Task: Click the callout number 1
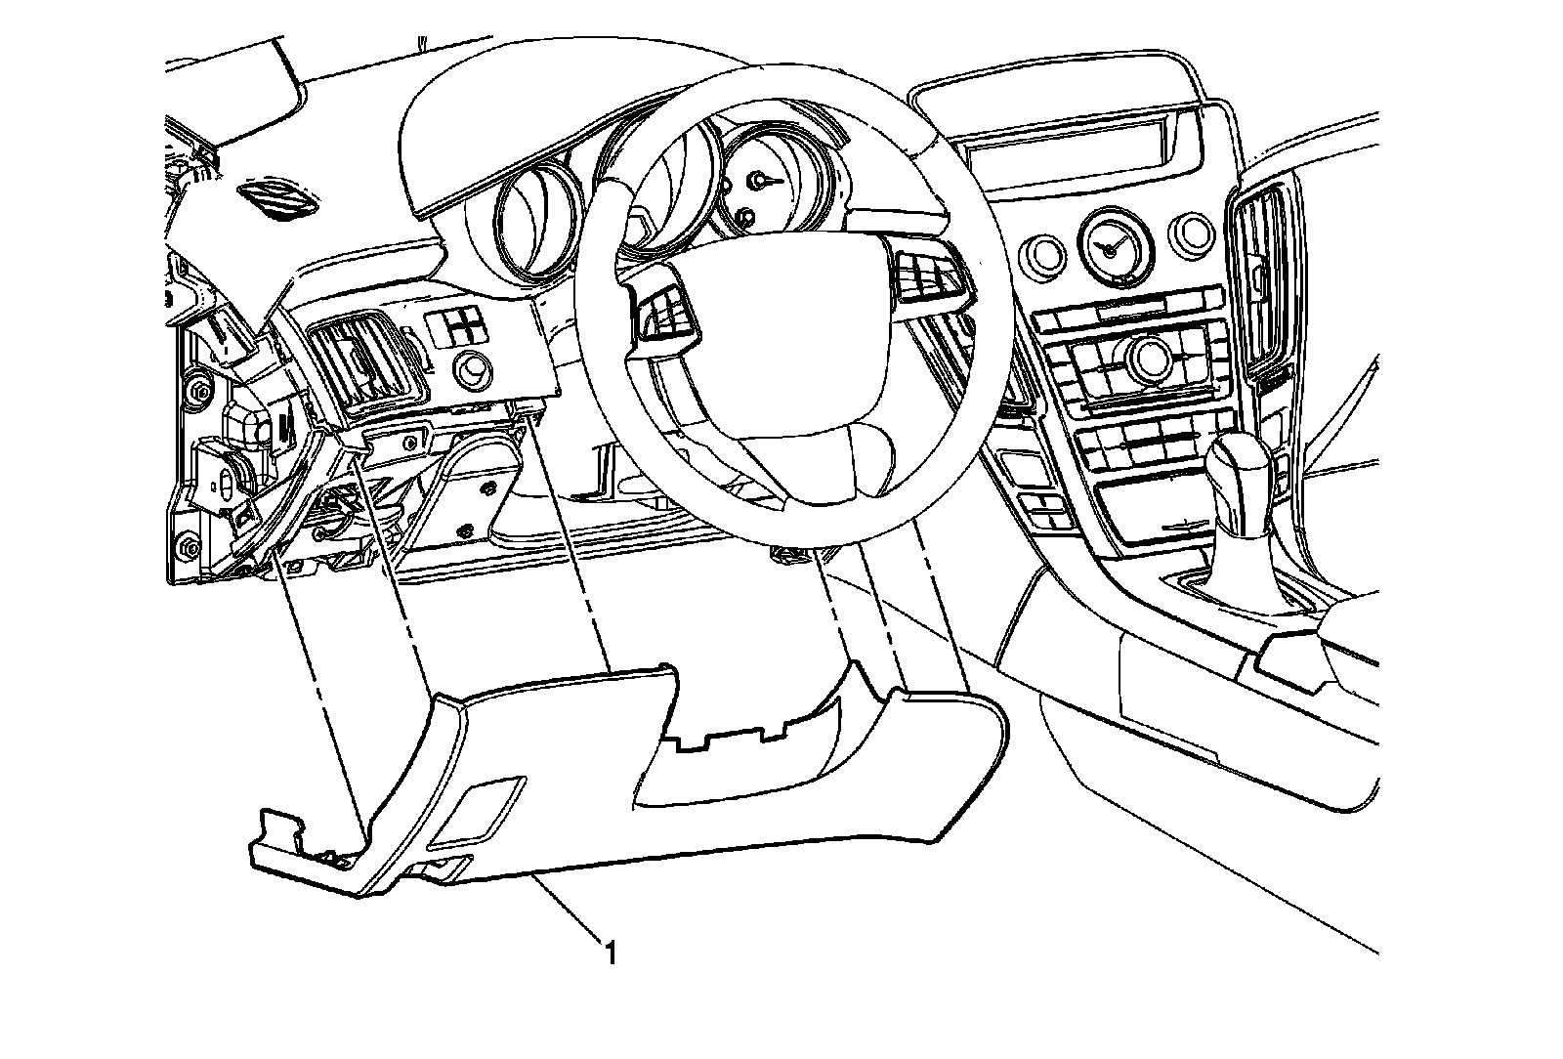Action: (x=611, y=952)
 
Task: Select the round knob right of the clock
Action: (x=1193, y=231)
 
